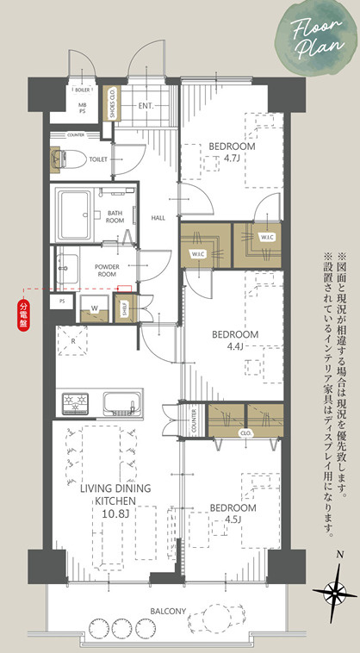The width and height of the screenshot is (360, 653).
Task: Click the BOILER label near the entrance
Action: pos(83,89)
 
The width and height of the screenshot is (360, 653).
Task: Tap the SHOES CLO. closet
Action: pos(111,103)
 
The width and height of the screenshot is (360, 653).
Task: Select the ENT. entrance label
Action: pos(146,107)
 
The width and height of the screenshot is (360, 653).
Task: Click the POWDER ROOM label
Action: pos(107,271)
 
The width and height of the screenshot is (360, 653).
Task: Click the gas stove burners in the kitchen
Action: pos(74,379)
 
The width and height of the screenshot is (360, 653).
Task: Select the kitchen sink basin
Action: pos(121,379)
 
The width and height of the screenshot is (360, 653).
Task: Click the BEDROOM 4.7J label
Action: pos(232,152)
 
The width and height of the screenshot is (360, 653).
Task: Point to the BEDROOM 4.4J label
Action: pos(236,339)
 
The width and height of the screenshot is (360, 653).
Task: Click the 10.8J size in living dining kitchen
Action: pos(115,514)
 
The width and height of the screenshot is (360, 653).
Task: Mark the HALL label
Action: pos(158,218)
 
